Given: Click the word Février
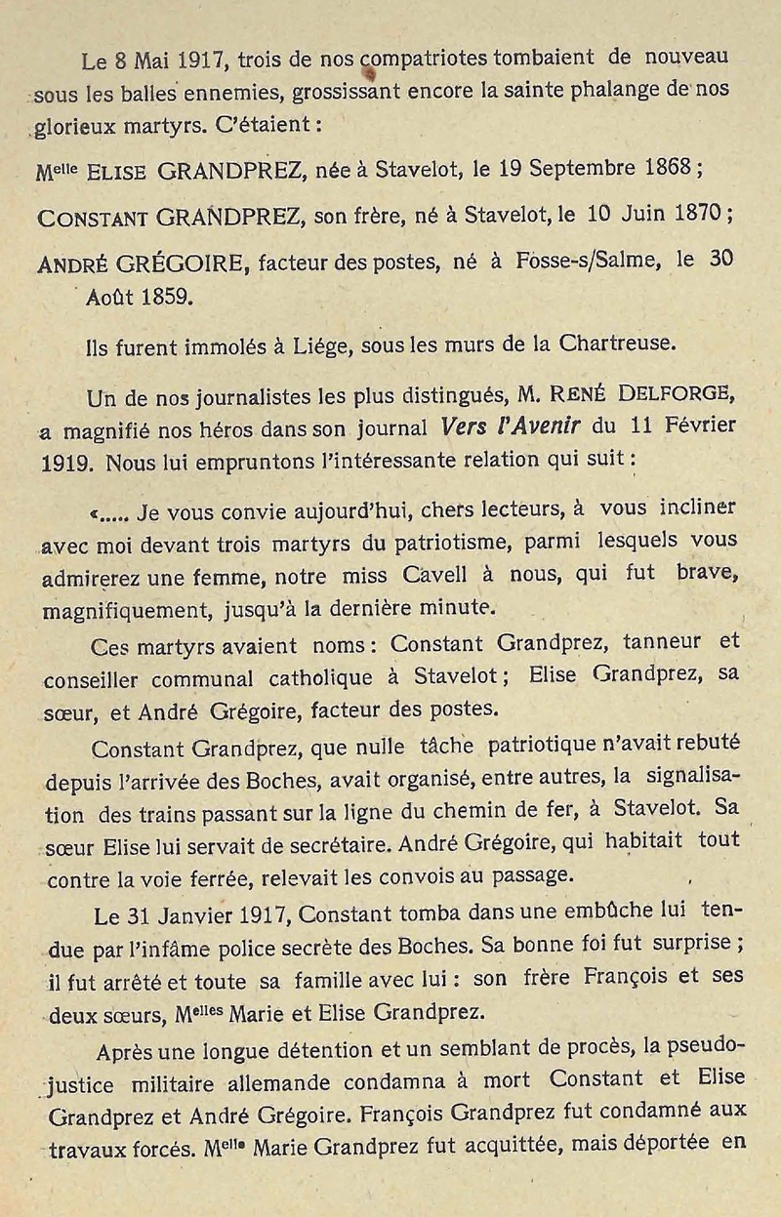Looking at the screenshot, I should click(x=690, y=426).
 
